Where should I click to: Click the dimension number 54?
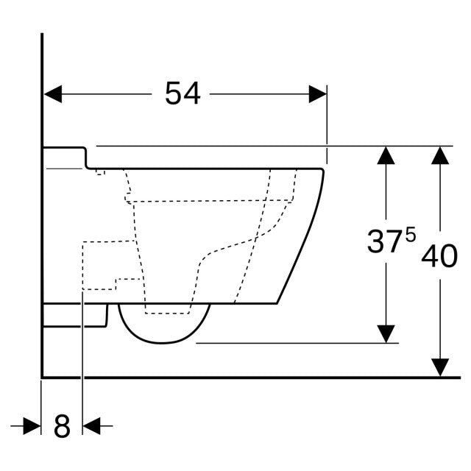pos(183,94)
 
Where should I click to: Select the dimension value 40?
pos(440,255)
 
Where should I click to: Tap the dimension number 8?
pos(62,426)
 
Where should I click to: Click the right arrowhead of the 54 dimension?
pos(317,94)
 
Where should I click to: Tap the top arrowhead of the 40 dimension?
pos(440,155)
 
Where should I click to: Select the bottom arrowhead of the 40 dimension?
pos(440,367)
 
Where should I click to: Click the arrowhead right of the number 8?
pos(92,425)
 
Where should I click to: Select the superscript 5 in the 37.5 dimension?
pos(410,235)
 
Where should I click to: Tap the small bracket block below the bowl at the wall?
pos(74,316)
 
